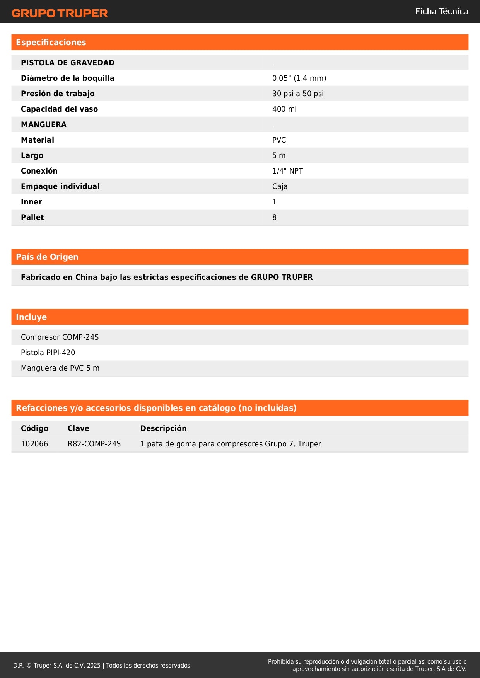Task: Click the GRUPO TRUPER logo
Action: click(x=60, y=13)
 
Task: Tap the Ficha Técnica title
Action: click(x=441, y=12)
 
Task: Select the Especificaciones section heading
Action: click(x=51, y=43)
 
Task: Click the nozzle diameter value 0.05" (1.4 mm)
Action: click(x=299, y=78)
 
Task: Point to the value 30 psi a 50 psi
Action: click(x=298, y=94)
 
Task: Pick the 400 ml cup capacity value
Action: click(x=284, y=109)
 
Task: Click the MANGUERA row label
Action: click(x=44, y=124)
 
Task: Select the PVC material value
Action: click(x=279, y=140)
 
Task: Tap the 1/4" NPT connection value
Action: click(x=287, y=171)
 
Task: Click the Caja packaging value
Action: click(x=280, y=186)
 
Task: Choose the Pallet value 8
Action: click(x=274, y=217)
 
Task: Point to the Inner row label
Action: click(x=31, y=202)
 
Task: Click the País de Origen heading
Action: click(x=47, y=257)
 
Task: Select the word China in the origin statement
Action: click(x=86, y=277)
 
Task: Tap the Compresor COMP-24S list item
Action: click(x=60, y=337)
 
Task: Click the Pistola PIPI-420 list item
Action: click(x=48, y=353)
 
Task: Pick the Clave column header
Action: click(x=79, y=428)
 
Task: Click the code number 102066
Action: click(x=34, y=444)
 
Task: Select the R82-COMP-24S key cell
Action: click(x=94, y=444)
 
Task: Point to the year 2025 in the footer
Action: click(x=94, y=665)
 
